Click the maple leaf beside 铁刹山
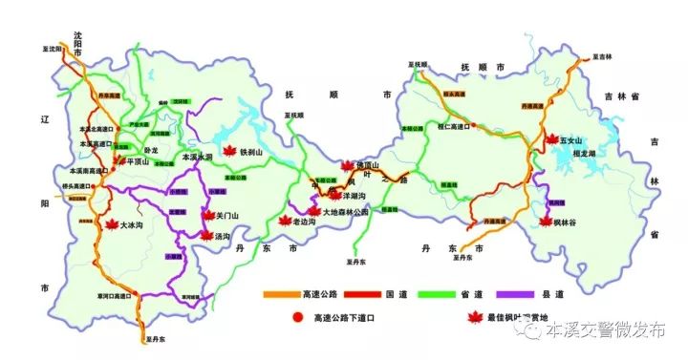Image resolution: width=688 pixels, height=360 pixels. tap(227, 151)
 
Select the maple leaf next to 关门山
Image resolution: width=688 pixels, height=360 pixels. tap(206, 216)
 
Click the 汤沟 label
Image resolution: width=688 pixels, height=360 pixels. tap(223, 235)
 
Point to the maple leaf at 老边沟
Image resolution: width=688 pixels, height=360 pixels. tap(283, 222)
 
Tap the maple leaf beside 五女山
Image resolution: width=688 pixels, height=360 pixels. tap(550, 139)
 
